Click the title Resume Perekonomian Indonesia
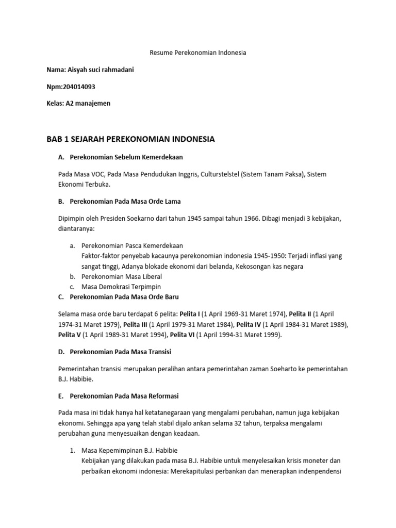[x=198, y=53]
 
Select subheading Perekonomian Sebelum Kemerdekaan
[x=126, y=157]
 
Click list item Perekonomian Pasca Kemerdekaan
[x=133, y=245]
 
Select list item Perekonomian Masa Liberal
[x=122, y=276]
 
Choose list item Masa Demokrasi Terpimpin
[x=122, y=287]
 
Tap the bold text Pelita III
[x=135, y=324]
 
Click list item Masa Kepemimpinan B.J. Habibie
[x=129, y=450]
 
